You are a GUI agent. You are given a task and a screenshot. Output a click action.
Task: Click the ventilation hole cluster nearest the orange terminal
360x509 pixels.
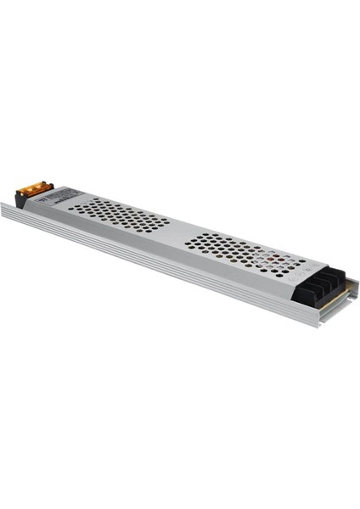coord(119,215)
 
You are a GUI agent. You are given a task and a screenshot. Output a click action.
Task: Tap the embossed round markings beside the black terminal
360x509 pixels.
coord(293,273)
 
